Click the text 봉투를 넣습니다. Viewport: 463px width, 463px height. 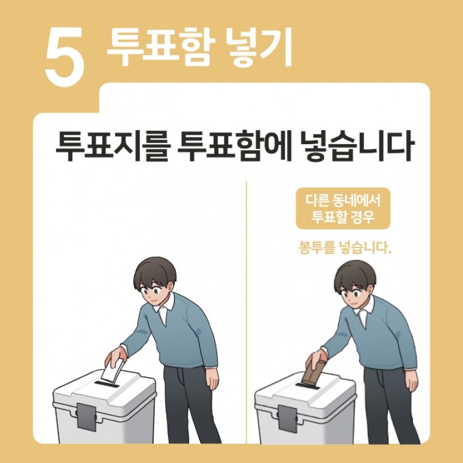[x=341, y=249]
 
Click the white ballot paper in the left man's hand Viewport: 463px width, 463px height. [x=114, y=370]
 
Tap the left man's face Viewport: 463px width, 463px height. [x=157, y=289]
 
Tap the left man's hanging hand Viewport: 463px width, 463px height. [x=212, y=379]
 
